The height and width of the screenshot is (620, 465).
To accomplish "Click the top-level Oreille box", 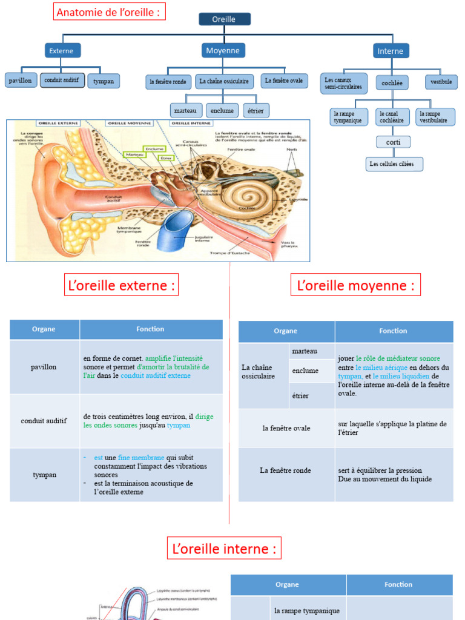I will [224, 19].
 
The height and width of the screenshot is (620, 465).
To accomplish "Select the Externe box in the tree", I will [62, 51].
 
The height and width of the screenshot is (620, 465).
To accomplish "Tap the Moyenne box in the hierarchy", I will [223, 51].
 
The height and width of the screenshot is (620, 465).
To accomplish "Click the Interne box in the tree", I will [390, 51].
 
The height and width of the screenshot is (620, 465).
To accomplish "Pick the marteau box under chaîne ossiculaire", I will [185, 111].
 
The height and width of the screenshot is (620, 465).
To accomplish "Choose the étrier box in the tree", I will [256, 111].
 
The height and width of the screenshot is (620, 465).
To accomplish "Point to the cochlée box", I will [392, 82].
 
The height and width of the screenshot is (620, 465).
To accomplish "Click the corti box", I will [393, 142].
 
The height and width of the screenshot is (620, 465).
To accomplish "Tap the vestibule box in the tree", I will [441, 82].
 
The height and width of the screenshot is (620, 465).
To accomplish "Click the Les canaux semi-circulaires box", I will [343, 84].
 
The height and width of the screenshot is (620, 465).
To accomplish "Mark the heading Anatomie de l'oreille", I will [109, 12].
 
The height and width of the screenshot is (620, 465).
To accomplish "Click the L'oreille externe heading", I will [122, 285].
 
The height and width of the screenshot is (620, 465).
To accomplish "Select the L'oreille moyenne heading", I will [355, 285].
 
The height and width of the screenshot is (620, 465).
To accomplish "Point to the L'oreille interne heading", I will [225, 549].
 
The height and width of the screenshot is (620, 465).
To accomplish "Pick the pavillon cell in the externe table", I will [44, 367].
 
